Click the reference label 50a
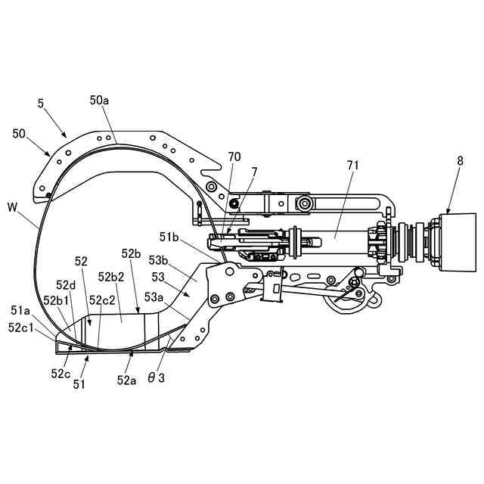(x=101, y=100)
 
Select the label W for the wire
(x=12, y=206)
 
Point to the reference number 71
(x=353, y=165)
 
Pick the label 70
(x=234, y=157)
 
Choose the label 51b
(x=170, y=237)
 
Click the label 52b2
(x=111, y=277)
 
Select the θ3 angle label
(x=156, y=377)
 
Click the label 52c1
(x=21, y=327)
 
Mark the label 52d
(x=66, y=285)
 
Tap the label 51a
(x=21, y=310)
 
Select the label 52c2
(x=102, y=300)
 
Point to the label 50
(x=20, y=133)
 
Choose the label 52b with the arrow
(x=131, y=253)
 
